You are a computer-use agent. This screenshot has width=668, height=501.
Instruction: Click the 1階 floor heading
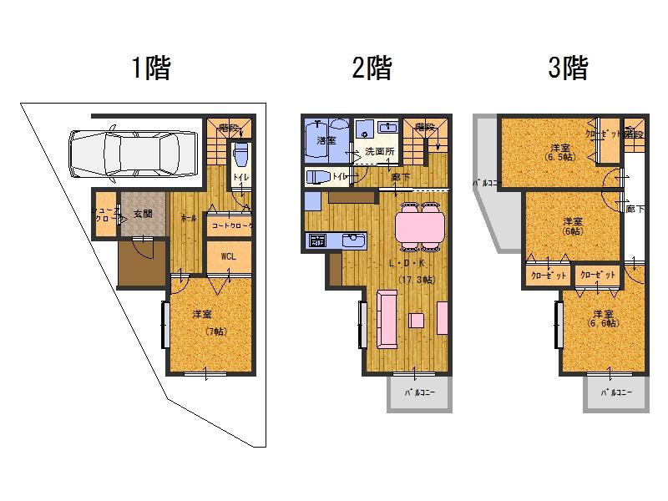pos(151,68)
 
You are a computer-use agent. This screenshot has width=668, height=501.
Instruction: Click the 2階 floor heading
pos(372,68)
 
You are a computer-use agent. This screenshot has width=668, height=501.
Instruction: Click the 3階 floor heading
pos(568,68)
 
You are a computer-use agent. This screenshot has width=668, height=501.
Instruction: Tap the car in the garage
pos(134,154)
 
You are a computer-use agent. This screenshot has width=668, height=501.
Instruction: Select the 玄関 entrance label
pos(143,214)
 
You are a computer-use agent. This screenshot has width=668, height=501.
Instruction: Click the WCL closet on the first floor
pos(229,256)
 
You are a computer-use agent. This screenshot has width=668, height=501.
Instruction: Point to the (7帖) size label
pos(215,331)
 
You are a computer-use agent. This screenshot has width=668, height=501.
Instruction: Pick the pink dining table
pos(419,225)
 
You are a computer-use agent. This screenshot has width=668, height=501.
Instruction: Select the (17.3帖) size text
pos(415,280)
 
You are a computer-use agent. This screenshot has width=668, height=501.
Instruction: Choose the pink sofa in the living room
pos(387,318)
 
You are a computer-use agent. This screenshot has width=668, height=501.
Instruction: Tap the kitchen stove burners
pos(318,240)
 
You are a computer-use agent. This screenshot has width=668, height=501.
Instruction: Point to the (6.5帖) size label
pos(559,156)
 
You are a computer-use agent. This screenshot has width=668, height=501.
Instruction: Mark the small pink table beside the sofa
pos(417,320)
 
